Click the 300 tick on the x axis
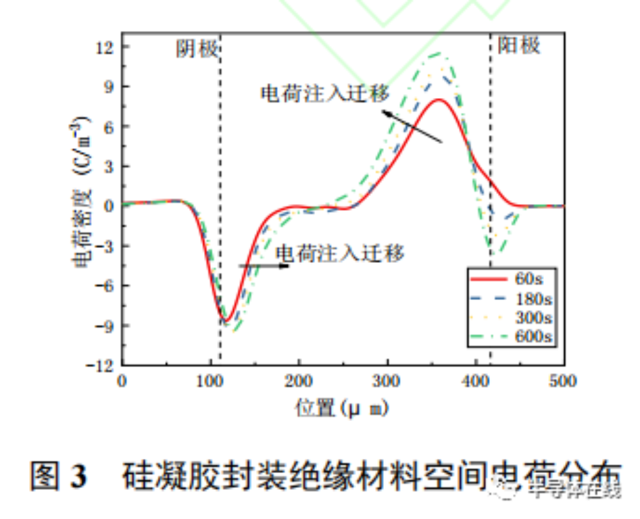(x=387, y=381)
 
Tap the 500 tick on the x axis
(x=563, y=381)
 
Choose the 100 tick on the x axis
(x=210, y=381)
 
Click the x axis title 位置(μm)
(x=343, y=407)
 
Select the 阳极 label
(x=519, y=46)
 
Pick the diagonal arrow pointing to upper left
(x=412, y=126)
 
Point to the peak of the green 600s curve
(x=441, y=53)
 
